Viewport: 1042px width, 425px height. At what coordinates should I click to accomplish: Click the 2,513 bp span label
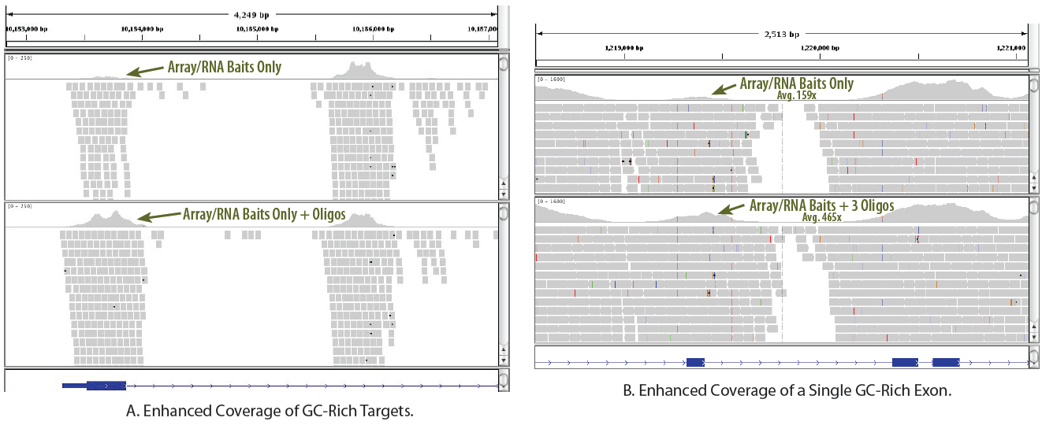[x=781, y=34]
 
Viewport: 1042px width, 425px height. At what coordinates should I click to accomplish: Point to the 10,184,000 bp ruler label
[x=143, y=28]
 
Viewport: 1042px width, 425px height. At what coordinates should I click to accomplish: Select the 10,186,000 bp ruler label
[x=374, y=28]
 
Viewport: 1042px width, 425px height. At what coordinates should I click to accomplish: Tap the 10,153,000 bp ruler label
[x=27, y=28]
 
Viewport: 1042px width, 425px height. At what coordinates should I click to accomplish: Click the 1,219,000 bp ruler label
[x=624, y=48]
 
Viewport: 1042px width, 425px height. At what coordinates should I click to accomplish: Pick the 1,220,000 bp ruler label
[x=820, y=48]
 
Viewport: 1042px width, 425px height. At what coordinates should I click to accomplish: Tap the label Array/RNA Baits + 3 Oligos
[x=821, y=205]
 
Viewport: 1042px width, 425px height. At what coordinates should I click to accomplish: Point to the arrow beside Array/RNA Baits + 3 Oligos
[x=732, y=209]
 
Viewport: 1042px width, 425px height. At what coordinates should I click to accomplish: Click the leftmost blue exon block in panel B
[x=695, y=362]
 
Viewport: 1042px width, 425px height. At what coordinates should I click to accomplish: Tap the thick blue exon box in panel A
[x=106, y=385]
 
